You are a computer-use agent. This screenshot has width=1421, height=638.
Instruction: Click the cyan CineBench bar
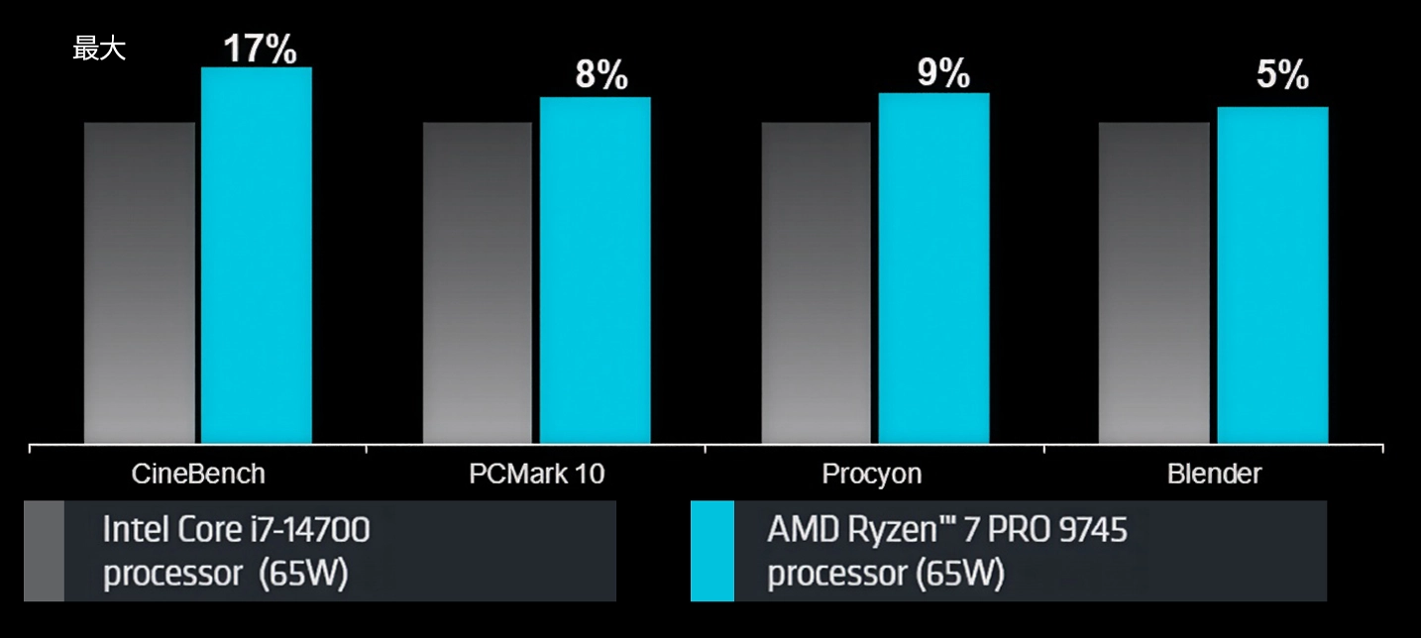pos(257,255)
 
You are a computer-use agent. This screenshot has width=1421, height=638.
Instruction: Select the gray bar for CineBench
pos(140,282)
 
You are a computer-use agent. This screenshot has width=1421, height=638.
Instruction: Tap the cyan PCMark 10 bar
pos(595,269)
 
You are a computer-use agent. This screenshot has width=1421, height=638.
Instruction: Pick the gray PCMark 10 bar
pos(478,282)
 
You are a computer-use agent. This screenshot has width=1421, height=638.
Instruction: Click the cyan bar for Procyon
pos(933,267)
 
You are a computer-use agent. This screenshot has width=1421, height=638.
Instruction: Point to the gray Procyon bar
pos(816,282)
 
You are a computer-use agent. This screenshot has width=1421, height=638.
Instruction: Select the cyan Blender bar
pos(1272,274)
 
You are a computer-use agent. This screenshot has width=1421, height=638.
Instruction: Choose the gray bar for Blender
pos(1153,282)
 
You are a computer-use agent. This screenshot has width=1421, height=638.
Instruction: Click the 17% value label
pos(259,50)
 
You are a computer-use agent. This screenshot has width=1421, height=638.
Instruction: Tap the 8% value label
pos(601,76)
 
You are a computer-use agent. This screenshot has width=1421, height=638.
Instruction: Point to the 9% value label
pos(942,72)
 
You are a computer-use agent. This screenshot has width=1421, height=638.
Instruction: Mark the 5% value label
pos(1282,76)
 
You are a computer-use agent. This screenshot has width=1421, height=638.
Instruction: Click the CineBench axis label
pos(198,474)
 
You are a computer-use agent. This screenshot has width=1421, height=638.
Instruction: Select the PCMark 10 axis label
pos(536,474)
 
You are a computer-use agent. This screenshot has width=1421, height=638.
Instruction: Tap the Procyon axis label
pos(872,474)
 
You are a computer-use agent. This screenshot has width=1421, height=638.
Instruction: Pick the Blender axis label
pos(1214,474)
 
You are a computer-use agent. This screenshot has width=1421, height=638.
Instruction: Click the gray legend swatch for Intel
pos(44,551)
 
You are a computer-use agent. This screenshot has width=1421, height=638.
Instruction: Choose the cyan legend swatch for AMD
pos(711,551)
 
